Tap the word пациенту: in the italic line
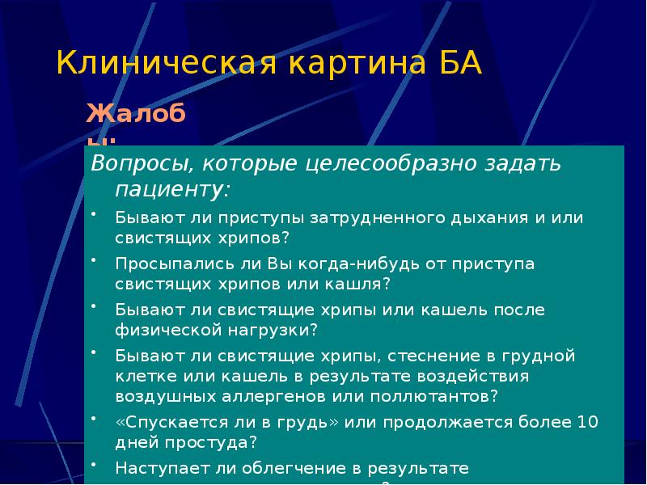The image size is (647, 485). click(171, 191)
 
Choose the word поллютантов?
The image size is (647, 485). click(435, 396)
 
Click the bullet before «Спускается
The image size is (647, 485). click(95, 419)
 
